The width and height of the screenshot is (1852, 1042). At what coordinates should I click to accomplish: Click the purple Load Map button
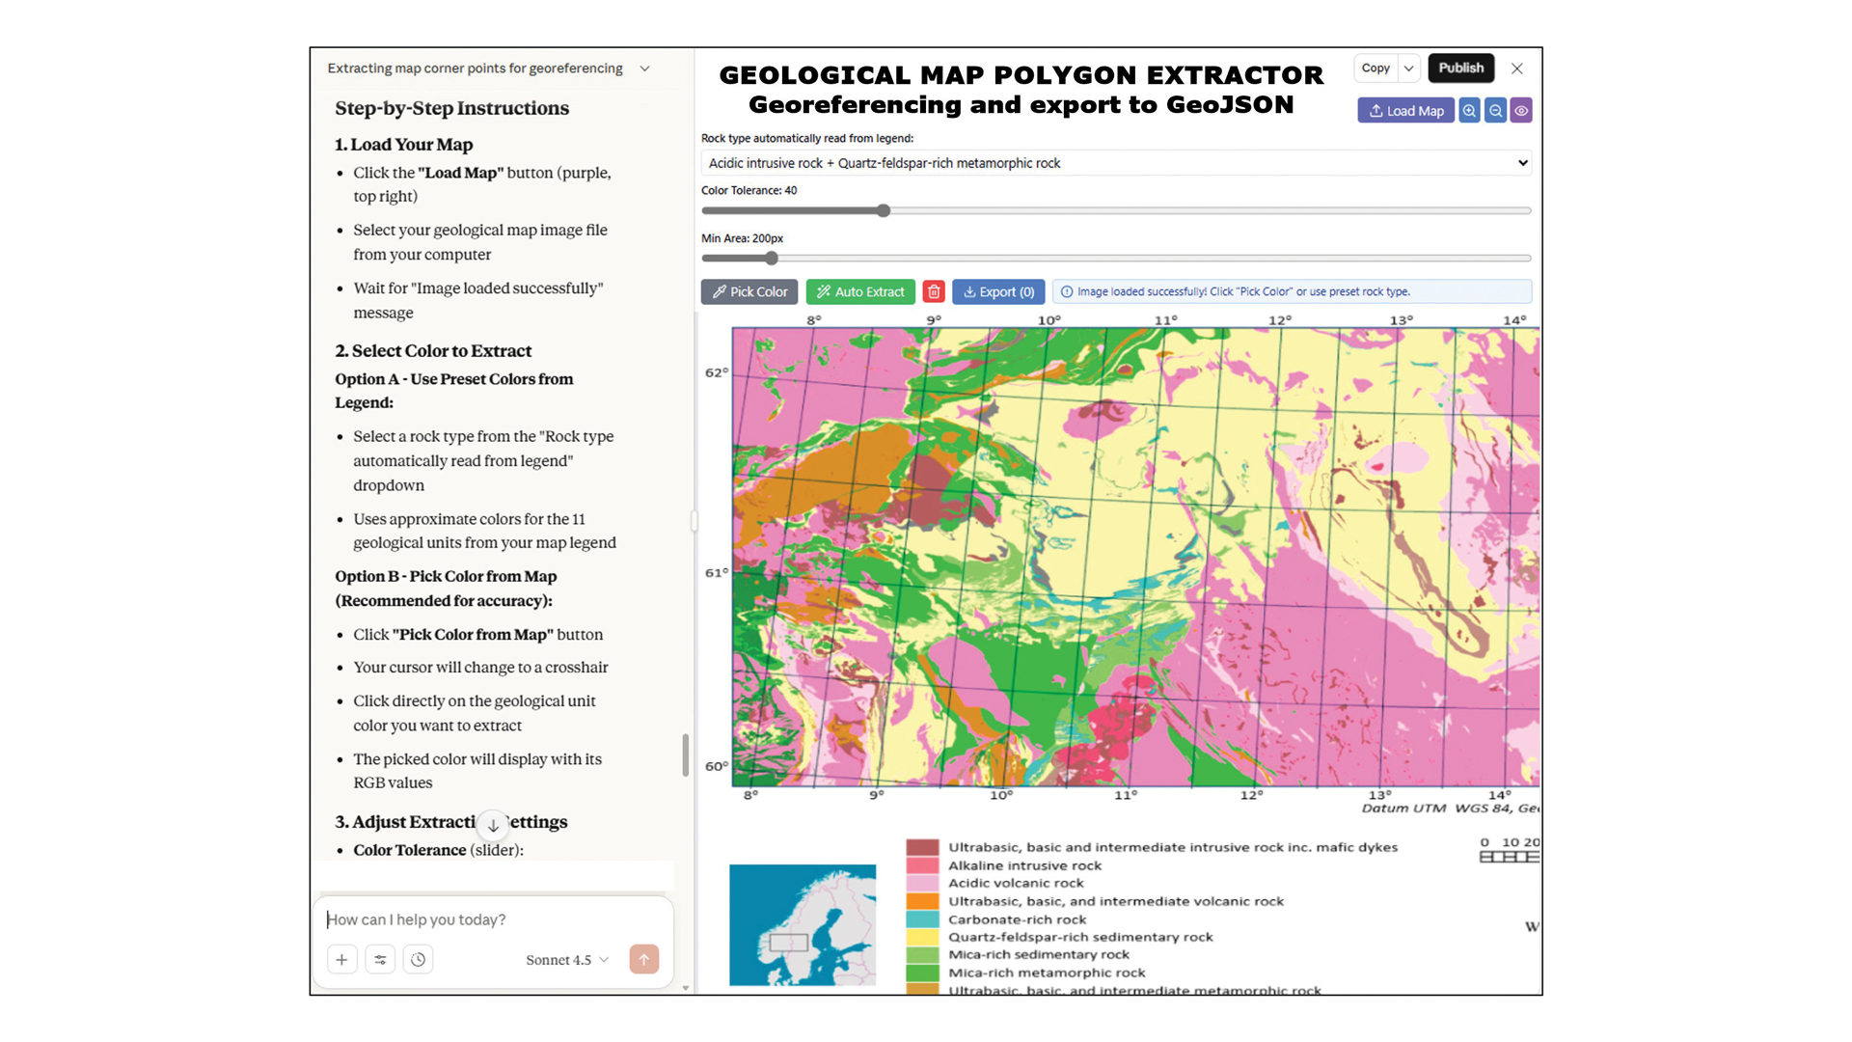click(1405, 111)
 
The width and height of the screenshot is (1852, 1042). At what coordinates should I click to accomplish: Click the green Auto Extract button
click(860, 291)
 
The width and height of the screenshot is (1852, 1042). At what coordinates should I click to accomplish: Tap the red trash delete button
click(934, 291)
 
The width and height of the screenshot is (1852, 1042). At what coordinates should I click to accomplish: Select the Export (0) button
click(998, 291)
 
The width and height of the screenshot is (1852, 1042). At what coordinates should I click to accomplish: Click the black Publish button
click(1460, 68)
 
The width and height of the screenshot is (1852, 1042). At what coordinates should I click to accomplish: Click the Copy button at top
click(1375, 68)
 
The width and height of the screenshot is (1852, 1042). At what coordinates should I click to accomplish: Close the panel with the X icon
click(1517, 69)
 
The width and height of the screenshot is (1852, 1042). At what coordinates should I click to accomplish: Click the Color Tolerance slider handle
click(884, 210)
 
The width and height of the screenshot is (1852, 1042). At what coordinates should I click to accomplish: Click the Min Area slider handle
click(772, 259)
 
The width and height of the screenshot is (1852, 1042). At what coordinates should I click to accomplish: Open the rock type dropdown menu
click(1116, 163)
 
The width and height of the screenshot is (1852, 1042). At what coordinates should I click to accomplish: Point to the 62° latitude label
click(717, 372)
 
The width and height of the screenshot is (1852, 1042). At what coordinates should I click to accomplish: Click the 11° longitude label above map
click(1165, 320)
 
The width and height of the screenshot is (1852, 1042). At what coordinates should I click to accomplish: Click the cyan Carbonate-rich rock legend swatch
click(922, 919)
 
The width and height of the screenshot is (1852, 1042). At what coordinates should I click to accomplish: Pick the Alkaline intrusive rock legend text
click(1024, 865)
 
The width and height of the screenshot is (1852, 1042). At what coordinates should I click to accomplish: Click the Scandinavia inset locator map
click(803, 924)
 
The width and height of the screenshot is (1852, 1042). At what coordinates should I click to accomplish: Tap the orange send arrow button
click(643, 959)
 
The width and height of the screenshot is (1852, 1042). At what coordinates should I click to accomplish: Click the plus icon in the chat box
click(341, 959)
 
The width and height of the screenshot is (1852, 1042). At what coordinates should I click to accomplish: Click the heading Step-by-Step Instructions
click(451, 108)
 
